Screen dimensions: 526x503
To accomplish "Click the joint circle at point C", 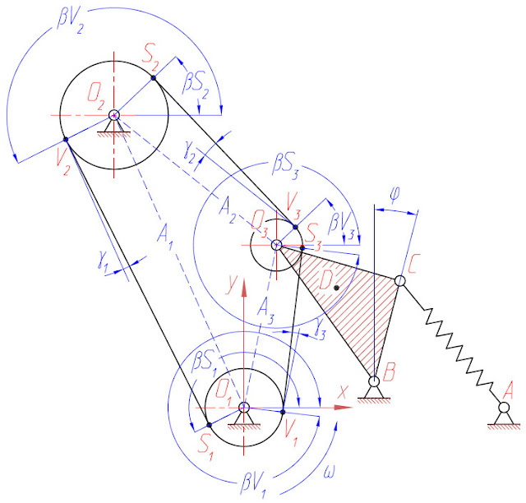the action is click(400, 280).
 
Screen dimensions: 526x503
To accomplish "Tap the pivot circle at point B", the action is click(374, 381).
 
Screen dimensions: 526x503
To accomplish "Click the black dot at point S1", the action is click(209, 425).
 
